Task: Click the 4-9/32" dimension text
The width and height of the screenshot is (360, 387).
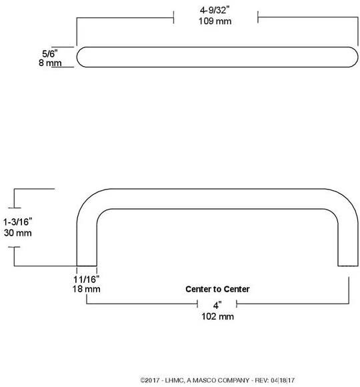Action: click(215, 11)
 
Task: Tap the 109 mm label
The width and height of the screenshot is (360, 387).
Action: click(215, 21)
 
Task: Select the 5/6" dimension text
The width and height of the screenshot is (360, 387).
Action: click(50, 53)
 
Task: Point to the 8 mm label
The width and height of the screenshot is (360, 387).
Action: click(50, 63)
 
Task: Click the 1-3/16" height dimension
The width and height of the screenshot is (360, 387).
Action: click(17, 222)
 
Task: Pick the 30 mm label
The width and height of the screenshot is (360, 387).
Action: click(18, 233)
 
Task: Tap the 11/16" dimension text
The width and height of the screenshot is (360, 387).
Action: click(86, 280)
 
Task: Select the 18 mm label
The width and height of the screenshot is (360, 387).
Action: click(86, 289)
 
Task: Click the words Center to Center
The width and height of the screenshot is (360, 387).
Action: click(217, 289)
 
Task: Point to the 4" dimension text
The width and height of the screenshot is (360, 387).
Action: click(217, 306)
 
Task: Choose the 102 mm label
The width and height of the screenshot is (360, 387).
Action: click(218, 316)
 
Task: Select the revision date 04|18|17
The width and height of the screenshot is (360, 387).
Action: click(283, 380)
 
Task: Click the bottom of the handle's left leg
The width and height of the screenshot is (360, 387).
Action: click(87, 266)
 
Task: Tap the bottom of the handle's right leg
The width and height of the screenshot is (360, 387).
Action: click(348, 266)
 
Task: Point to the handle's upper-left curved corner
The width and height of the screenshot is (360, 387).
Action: click(87, 199)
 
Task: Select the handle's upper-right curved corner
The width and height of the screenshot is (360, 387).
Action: click(348, 199)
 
